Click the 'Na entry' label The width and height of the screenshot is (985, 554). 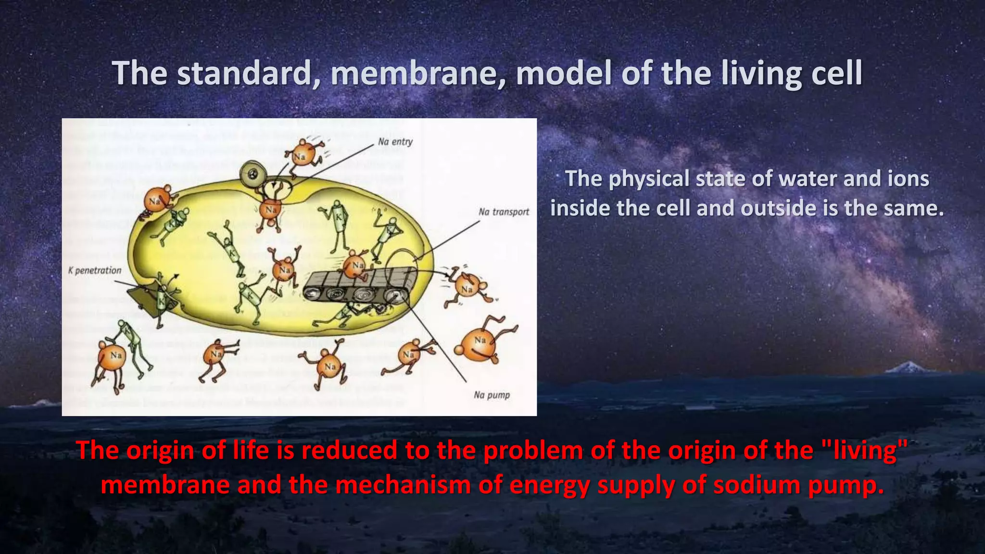pos(395,141)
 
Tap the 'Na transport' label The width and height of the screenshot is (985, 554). pos(504,212)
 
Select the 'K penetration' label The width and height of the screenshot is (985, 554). pos(95,270)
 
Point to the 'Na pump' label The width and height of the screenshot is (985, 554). pos(492,395)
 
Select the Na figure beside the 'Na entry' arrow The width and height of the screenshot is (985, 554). pos(301,155)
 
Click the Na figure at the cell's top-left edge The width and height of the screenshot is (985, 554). pos(155,200)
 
